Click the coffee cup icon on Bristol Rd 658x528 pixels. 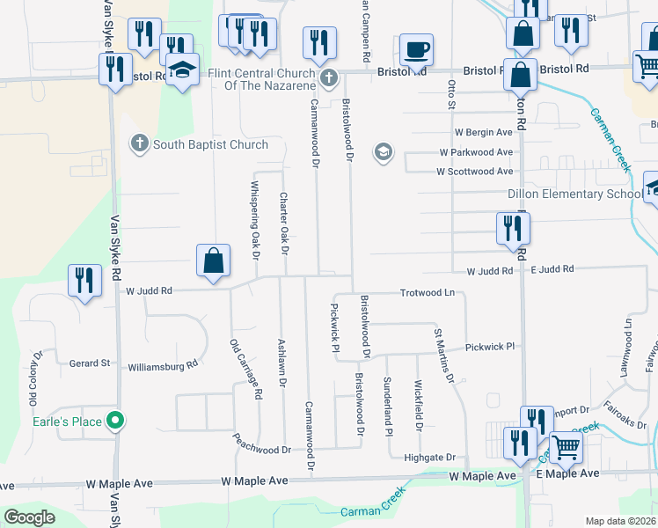click(x=417, y=48)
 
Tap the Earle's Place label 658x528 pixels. click(x=75, y=422)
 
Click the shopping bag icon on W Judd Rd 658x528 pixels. click(x=213, y=261)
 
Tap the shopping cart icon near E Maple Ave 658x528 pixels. click(x=566, y=448)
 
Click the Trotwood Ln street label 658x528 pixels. click(x=427, y=292)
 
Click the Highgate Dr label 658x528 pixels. click(x=429, y=458)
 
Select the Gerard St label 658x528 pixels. click(x=90, y=363)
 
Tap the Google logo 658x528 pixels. click(x=29, y=517)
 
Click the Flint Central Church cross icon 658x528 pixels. click(x=329, y=78)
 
